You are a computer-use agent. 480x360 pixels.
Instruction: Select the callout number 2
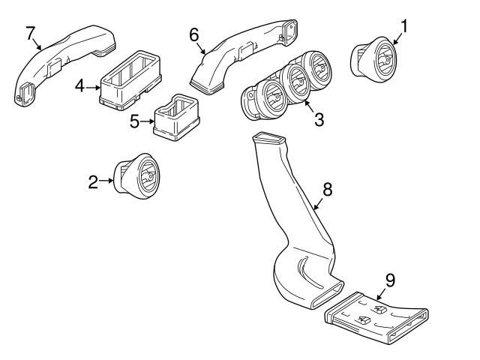pos(94,181)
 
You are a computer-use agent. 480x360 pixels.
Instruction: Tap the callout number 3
pos(319,119)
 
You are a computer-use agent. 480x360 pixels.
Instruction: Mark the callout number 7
pos(30,33)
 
